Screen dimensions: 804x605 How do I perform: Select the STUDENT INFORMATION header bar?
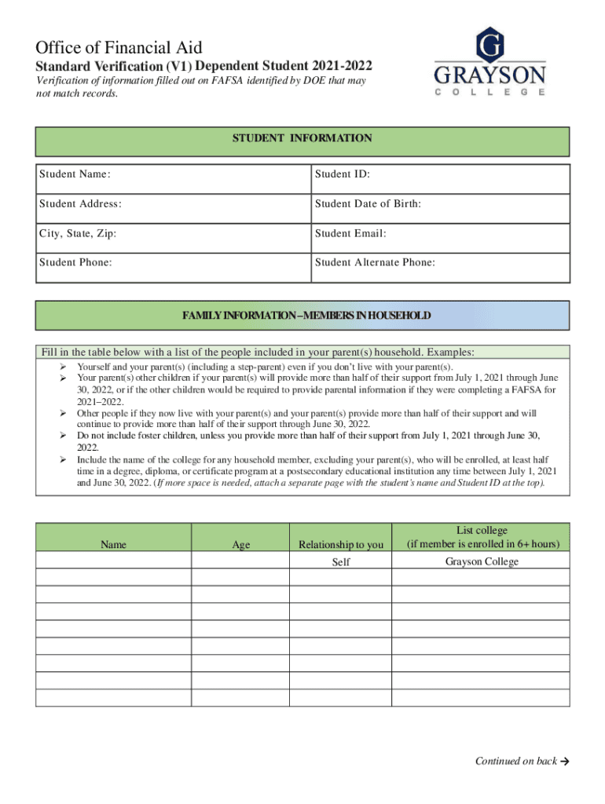tap(302, 139)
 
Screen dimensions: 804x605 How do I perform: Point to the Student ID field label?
tap(343, 174)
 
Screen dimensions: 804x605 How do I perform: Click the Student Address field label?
tap(80, 204)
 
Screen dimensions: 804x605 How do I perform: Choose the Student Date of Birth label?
tap(368, 204)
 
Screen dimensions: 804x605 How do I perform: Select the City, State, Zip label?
tap(79, 233)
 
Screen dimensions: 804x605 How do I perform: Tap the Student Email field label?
tap(350, 233)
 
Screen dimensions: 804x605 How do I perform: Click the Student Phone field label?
tap(75, 262)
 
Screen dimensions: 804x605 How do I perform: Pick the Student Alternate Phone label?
tap(375, 262)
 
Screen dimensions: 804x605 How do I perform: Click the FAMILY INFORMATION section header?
tap(306, 316)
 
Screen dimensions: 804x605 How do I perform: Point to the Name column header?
tap(114, 544)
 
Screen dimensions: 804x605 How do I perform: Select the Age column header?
tap(241, 544)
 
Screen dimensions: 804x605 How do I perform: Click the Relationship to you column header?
tap(341, 544)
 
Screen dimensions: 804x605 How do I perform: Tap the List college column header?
tap(482, 537)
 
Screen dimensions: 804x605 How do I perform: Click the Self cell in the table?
tap(341, 563)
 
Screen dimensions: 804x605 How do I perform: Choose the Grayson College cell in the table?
tap(482, 561)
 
